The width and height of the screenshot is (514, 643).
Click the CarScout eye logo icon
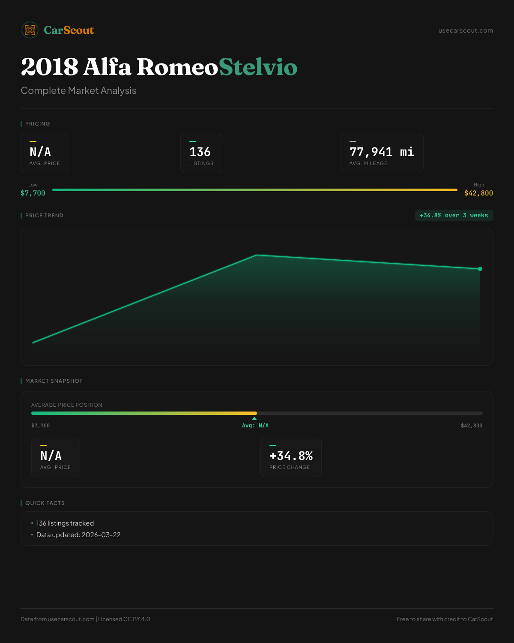[x=30, y=30]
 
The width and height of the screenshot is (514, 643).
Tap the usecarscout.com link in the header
[x=466, y=30]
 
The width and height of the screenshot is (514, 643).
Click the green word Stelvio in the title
[x=258, y=67]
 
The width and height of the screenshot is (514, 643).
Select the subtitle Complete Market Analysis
[x=78, y=90]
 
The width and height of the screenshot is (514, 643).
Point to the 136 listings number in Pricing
[x=200, y=152]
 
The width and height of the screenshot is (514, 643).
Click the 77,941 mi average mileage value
[x=382, y=152]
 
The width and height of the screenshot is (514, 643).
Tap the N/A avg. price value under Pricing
[x=40, y=152]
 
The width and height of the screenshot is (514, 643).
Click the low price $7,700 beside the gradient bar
[x=33, y=193]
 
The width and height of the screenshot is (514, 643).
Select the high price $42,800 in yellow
[x=478, y=193]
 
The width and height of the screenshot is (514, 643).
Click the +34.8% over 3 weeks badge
[x=454, y=215]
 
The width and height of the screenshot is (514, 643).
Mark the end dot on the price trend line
[x=480, y=269]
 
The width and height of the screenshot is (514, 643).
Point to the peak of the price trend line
[x=257, y=255]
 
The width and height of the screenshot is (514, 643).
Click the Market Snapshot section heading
[x=54, y=381]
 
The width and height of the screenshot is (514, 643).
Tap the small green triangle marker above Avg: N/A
[x=254, y=418]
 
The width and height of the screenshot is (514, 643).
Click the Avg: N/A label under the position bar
[x=255, y=426]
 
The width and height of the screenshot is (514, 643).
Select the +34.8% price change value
[x=291, y=456]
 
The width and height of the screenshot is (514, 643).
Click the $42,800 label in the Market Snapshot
[x=472, y=426]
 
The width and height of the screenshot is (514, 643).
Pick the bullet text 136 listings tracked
[x=65, y=523]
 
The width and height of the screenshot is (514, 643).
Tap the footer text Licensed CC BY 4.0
[x=124, y=619]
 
